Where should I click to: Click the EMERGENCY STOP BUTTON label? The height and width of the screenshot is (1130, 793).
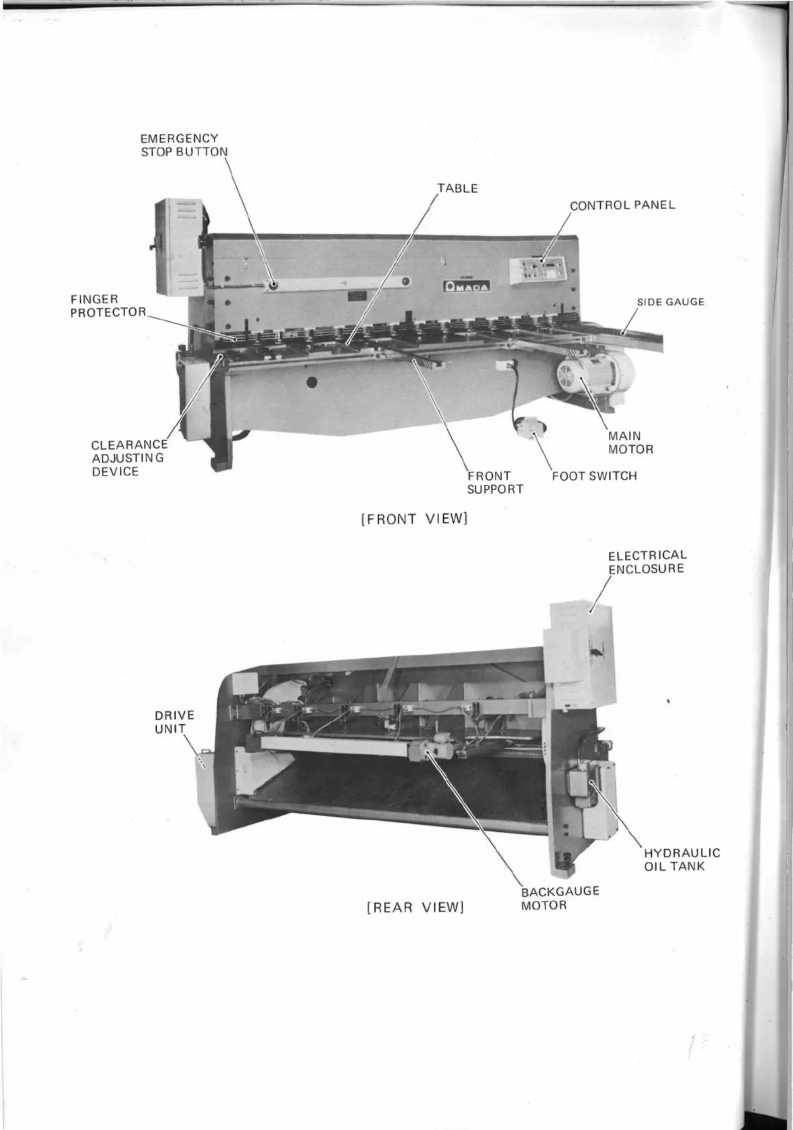point(184,145)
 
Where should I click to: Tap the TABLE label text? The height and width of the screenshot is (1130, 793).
point(458,189)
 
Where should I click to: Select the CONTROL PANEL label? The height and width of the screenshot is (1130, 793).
point(622,205)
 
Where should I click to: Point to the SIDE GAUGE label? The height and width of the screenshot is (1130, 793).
point(670,302)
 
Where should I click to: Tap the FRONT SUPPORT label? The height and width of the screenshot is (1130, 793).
point(494,482)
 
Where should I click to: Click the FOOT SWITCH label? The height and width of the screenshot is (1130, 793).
point(594,476)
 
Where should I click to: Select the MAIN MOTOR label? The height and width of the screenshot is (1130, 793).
point(630,443)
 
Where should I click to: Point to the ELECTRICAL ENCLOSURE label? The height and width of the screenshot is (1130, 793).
point(647,562)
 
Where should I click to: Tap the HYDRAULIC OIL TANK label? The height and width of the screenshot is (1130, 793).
point(682,860)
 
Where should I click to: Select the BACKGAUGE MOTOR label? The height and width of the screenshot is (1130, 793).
point(560,898)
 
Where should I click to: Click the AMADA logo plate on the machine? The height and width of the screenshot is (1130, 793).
point(466,287)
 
